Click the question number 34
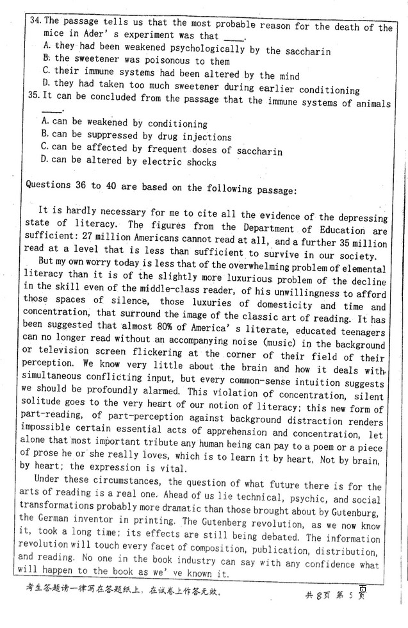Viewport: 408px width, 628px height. (35, 21)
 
